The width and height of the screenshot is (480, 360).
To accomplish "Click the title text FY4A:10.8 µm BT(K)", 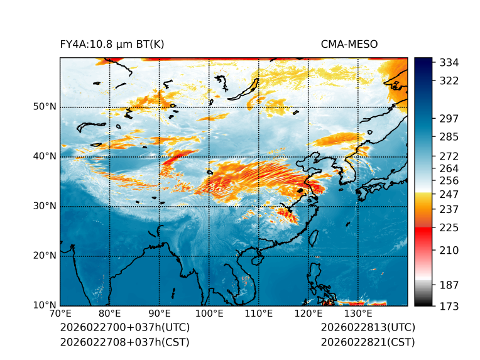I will (112, 44).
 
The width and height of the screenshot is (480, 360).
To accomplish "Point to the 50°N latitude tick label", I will (45, 107).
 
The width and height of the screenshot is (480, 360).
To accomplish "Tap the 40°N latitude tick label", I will (45, 156).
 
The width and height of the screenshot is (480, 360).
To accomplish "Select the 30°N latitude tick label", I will (45, 206).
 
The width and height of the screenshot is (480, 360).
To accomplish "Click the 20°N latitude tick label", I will (45, 256).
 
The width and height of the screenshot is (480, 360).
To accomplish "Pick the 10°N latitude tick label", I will (45, 305).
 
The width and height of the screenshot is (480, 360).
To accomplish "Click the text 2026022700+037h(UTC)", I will (124, 328).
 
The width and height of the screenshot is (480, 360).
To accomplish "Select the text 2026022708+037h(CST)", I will (124, 342).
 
